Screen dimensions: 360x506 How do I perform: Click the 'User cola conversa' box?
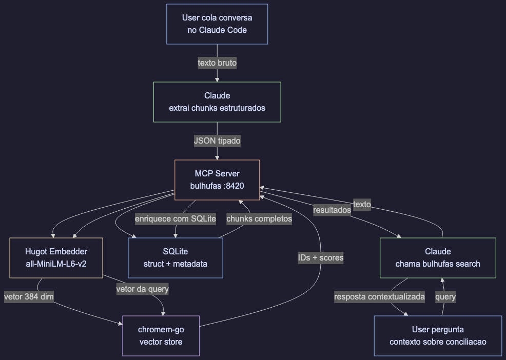pyautogui.click(x=217, y=24)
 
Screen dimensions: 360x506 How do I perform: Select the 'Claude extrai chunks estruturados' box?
pyautogui.click(x=217, y=102)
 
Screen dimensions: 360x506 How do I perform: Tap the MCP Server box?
pyautogui.click(x=217, y=180)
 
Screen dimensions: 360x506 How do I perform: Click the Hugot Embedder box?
pyautogui.click(x=56, y=258)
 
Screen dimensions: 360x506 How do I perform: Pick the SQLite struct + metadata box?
pyautogui.click(x=175, y=258)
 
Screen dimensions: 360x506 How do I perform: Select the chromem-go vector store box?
pyautogui.click(x=161, y=336)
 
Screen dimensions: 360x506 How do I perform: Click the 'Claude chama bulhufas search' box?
pyautogui.click(x=438, y=258)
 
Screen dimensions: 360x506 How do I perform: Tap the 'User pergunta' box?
pyautogui.click(x=438, y=336)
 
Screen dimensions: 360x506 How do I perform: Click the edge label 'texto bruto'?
pyautogui.click(x=217, y=63)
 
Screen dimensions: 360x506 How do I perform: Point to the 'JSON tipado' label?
pyautogui.click(x=217, y=141)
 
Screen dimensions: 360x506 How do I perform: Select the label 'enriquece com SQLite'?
pyautogui.click(x=175, y=219)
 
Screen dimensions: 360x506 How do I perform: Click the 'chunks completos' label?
pyautogui.click(x=259, y=219)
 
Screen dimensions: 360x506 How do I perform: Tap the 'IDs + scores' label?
pyautogui.click(x=321, y=258)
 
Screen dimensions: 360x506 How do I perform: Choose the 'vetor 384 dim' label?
pyautogui.click(x=29, y=297)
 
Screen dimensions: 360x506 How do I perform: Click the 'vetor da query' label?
pyautogui.click(x=143, y=289)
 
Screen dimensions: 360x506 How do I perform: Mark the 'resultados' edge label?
pyautogui.click(x=332, y=210)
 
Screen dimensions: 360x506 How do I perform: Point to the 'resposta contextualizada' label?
pyautogui.click(x=379, y=297)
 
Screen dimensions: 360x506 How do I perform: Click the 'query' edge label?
pyautogui.click(x=445, y=297)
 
